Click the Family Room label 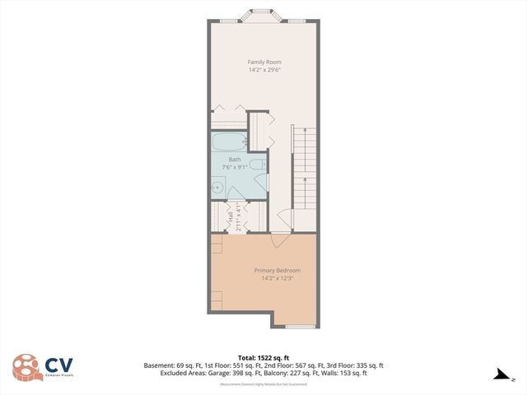(x=265, y=62)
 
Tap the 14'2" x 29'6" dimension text (x=265, y=70)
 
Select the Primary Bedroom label (x=277, y=271)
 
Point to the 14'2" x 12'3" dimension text (x=277, y=279)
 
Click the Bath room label (x=234, y=160)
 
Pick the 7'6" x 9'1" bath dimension (x=234, y=167)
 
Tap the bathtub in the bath (x=229, y=142)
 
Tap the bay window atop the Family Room (x=263, y=17)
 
